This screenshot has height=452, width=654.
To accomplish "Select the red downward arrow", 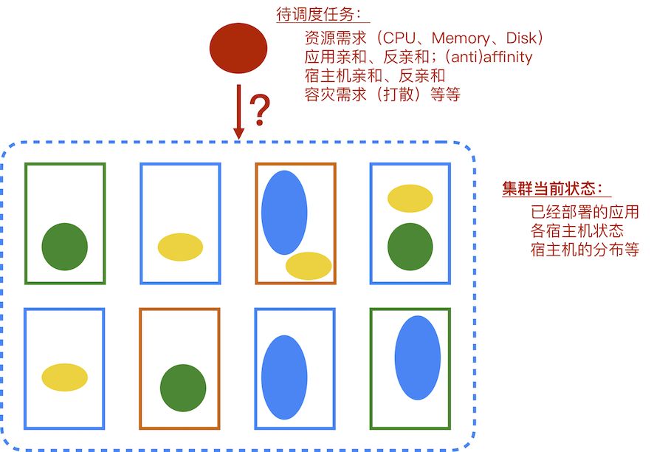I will (x=238, y=111).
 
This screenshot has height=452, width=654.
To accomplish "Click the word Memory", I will (x=461, y=38).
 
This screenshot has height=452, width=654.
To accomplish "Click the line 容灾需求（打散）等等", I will (x=382, y=94).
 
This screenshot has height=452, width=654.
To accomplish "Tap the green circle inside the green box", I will (x=65, y=247).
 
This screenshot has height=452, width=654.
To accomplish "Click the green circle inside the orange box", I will (x=183, y=387).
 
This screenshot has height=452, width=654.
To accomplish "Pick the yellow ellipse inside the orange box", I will (x=309, y=266).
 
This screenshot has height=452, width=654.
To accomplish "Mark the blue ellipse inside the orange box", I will (x=284, y=212).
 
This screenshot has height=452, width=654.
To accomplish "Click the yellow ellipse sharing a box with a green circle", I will (x=410, y=199).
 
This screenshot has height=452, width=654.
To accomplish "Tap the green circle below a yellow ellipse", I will (x=410, y=247).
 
